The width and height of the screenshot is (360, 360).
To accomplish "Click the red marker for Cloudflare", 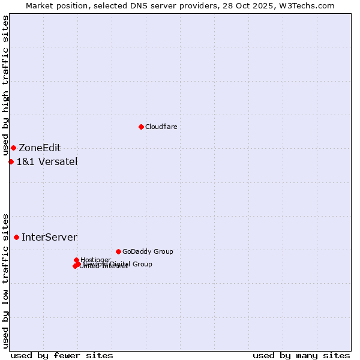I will pyautogui.click(x=141, y=127).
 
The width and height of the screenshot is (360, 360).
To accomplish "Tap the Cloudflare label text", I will pyautogui.click(x=161, y=127).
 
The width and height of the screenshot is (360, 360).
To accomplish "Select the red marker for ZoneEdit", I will pyautogui.click(x=13, y=148).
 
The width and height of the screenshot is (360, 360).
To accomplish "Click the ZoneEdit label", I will pyautogui.click(x=40, y=148).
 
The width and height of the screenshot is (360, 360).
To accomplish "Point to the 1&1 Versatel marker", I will pyautogui.click(x=11, y=161).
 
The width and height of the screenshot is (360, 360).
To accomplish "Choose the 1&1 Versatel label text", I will pyautogui.click(x=47, y=161).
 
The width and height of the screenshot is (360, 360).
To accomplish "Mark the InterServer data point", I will pyautogui.click(x=16, y=238).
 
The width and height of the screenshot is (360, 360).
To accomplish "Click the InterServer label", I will pyautogui.click(x=49, y=238).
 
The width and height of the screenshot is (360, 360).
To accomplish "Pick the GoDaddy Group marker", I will pyautogui.click(x=118, y=251).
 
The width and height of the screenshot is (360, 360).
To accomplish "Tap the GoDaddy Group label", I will pyautogui.click(x=148, y=251).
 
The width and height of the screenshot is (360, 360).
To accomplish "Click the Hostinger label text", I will pyautogui.click(x=95, y=260).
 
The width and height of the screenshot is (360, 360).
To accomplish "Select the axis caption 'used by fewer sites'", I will pyautogui.click(x=62, y=355).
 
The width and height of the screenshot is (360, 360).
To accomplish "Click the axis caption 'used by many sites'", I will pyautogui.click(x=301, y=355).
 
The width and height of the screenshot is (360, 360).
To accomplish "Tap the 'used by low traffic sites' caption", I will pyautogui.click(x=5, y=280).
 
